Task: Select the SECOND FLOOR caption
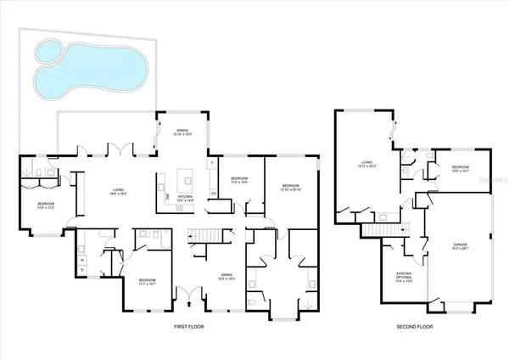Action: (x=415, y=325)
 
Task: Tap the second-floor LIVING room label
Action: (x=367, y=164)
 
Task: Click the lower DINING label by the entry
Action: (x=227, y=275)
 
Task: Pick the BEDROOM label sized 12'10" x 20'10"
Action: (x=290, y=186)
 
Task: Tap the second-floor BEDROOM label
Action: (x=461, y=167)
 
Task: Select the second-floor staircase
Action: (x=383, y=230)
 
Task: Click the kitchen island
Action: (x=186, y=180)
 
